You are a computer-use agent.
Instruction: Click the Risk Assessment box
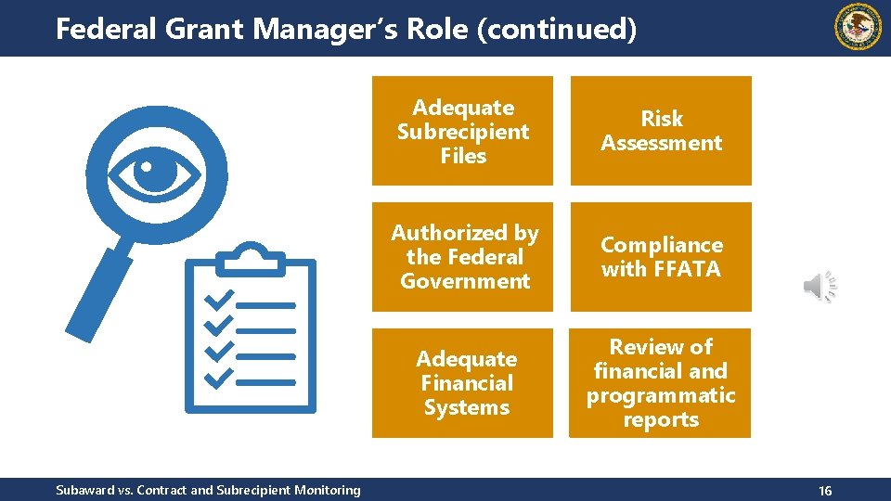point(661,131)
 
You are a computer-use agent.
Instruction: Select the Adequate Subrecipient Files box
point(462,131)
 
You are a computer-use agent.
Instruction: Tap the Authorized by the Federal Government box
point(462,257)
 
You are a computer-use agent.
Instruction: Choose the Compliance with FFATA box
point(661,257)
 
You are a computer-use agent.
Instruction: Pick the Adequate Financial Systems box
point(462,383)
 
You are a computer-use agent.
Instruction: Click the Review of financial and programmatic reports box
point(661,383)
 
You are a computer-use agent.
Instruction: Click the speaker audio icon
point(819,287)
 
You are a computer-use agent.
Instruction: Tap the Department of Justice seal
point(859,27)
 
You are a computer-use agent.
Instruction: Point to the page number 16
point(824,491)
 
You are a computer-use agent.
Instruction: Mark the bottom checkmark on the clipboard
point(218,379)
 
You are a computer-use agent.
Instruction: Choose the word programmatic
point(661,395)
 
